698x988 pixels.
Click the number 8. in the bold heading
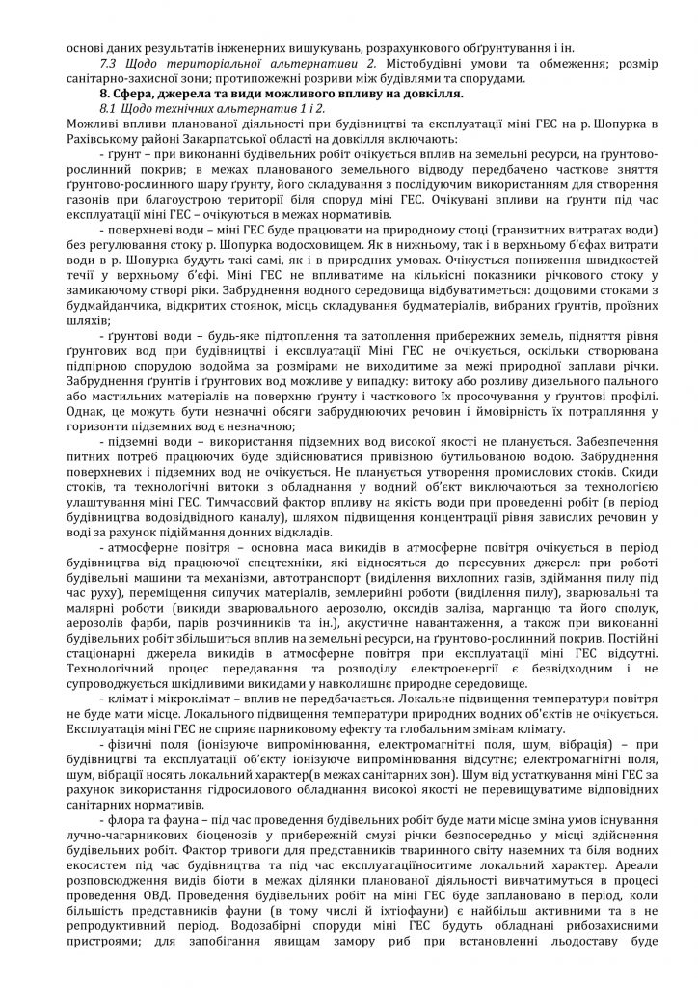point(109,94)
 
